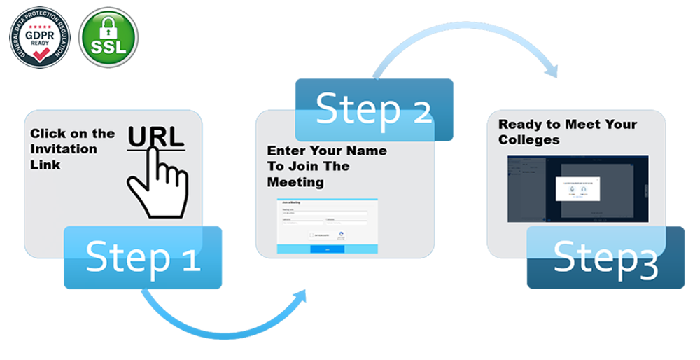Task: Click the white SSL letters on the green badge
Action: click(108, 48)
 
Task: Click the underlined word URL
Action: click(156, 136)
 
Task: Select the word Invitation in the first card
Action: click(64, 149)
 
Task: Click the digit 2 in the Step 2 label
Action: click(418, 110)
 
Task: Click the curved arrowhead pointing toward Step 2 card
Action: click(302, 295)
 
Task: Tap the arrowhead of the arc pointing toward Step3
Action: click(553, 70)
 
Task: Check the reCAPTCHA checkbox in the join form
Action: click(311, 235)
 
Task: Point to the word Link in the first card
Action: click(45, 165)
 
